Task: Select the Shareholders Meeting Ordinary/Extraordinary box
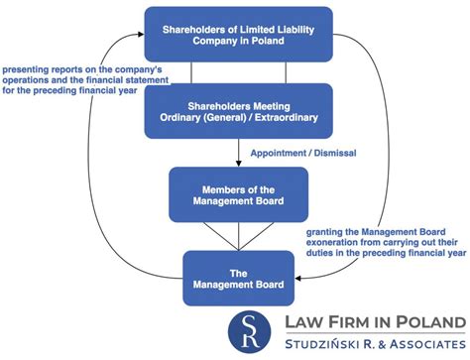[x=239, y=111]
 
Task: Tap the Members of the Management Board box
[x=239, y=194]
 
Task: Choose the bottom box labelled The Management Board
[x=239, y=278]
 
